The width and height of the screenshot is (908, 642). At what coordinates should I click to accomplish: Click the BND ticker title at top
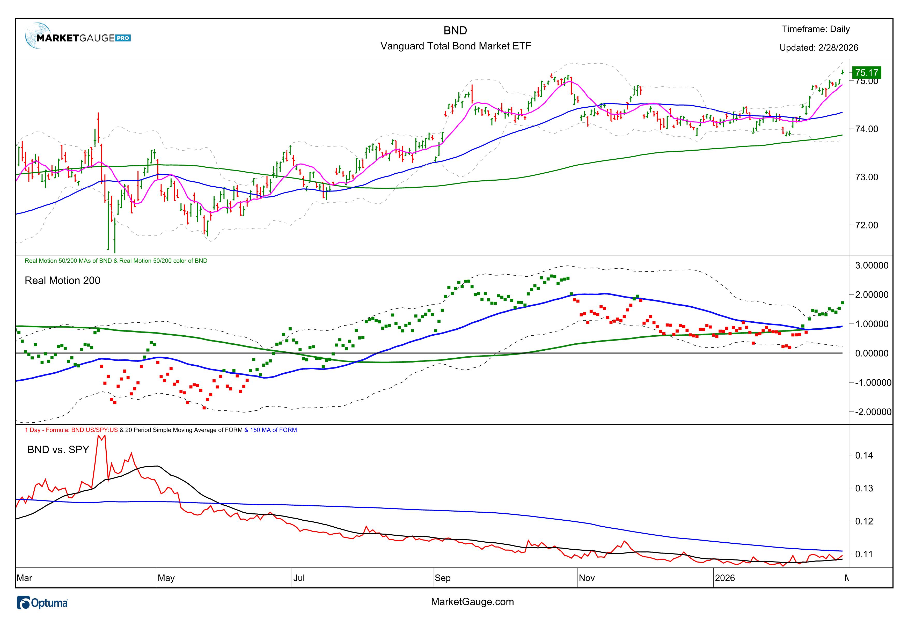[x=455, y=31]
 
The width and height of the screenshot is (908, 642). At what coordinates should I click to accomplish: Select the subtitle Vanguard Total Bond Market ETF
[x=456, y=46]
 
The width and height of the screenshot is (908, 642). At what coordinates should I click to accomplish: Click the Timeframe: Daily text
[x=816, y=29]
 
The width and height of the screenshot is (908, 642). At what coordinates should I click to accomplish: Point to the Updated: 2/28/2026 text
[x=819, y=48]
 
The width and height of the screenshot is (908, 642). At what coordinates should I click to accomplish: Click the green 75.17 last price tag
[x=867, y=73]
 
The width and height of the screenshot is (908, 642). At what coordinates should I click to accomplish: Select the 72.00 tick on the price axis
[x=867, y=225]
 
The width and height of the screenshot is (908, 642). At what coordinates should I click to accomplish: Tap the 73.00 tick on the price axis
[x=867, y=177]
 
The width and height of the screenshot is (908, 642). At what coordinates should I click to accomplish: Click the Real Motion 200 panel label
[x=62, y=281]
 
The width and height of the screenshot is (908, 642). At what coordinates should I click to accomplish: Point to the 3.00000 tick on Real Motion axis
[x=872, y=266]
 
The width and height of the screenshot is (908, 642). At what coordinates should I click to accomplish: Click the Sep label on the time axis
[x=443, y=578]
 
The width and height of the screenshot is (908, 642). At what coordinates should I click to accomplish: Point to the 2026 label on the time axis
[x=725, y=578]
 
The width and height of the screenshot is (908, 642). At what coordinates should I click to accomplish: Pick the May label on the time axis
[x=166, y=578]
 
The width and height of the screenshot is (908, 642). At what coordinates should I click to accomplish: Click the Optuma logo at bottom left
[x=43, y=603]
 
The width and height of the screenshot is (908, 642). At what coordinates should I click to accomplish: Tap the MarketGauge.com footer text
[x=472, y=602]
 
